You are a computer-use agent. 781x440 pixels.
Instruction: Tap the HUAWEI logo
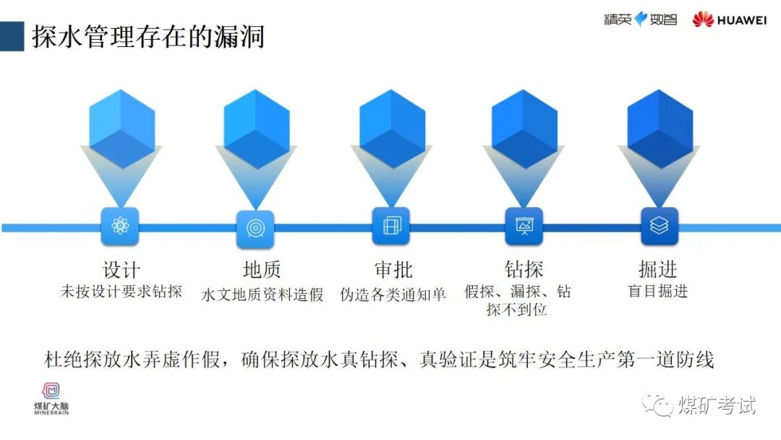(x=729, y=20)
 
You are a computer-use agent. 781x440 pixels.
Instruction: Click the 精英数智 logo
(x=640, y=20)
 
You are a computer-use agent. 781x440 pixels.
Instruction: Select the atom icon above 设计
(x=120, y=227)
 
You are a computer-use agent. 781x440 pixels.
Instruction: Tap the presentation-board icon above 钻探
(x=524, y=227)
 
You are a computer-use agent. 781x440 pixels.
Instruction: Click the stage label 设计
(x=121, y=269)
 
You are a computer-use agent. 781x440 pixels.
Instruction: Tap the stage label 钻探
(x=524, y=269)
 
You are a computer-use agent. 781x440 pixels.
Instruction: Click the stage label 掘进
(x=658, y=269)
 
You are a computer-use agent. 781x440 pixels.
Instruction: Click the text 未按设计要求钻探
(x=121, y=292)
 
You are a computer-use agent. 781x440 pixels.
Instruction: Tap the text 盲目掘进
(x=658, y=291)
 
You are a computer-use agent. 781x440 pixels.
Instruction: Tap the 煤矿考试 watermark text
(x=716, y=406)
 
